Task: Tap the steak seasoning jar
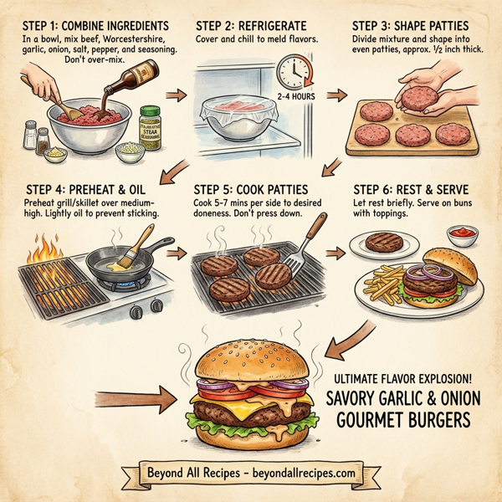[150, 126]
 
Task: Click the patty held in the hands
[417, 99]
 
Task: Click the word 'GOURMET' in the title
[377, 417]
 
